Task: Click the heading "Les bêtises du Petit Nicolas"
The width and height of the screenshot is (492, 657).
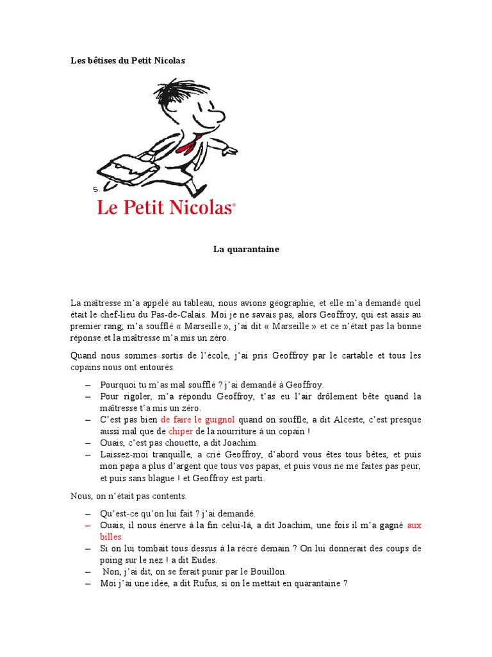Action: (127, 61)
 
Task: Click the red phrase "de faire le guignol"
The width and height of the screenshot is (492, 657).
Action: (200, 419)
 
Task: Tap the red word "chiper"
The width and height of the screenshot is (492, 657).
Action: (180, 431)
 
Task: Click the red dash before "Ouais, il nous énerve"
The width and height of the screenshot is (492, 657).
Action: (88, 525)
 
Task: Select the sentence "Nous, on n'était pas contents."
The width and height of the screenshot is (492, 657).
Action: (128, 495)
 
